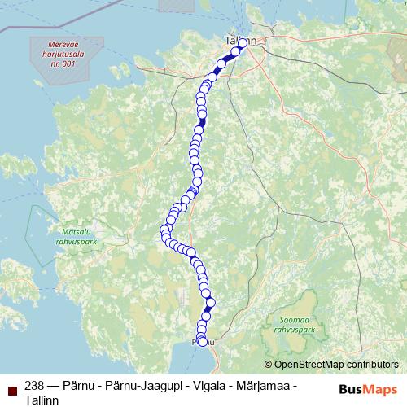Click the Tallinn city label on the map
click(240, 41)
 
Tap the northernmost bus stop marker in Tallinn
click(242, 43)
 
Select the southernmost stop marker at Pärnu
click(203, 342)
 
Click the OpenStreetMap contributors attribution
click(336, 365)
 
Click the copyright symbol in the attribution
click(268, 365)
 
